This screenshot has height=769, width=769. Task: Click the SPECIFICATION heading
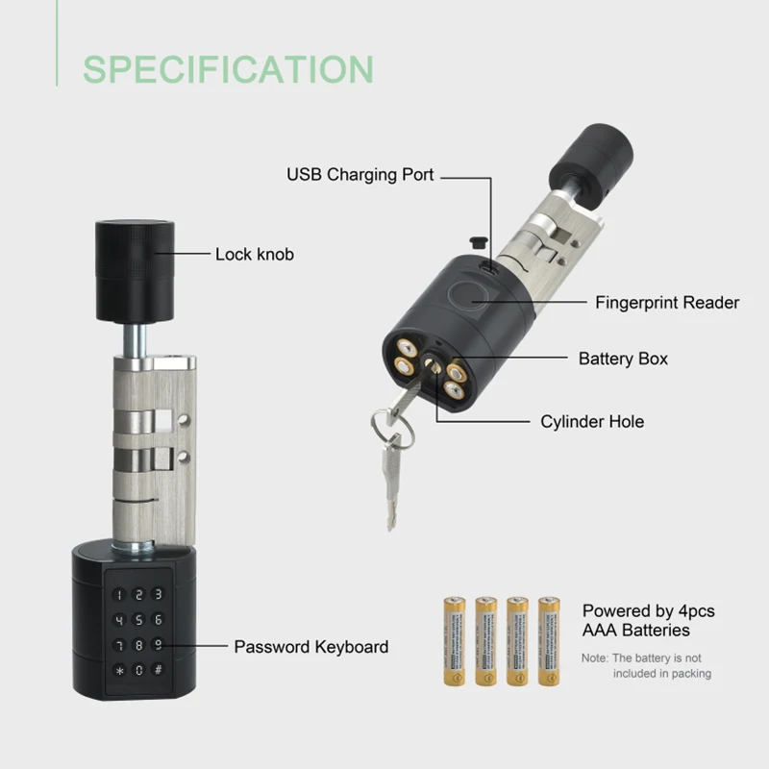click(x=228, y=69)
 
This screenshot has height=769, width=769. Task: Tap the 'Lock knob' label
click(x=255, y=255)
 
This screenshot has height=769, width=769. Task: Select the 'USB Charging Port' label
click(x=360, y=175)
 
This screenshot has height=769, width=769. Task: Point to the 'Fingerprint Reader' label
click(x=667, y=303)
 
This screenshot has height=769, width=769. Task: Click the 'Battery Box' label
click(x=623, y=359)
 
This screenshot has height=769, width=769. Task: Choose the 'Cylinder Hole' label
click(x=592, y=422)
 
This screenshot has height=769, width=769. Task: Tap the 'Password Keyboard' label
click(x=311, y=647)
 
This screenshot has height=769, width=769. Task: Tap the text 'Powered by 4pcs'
click(x=649, y=611)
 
